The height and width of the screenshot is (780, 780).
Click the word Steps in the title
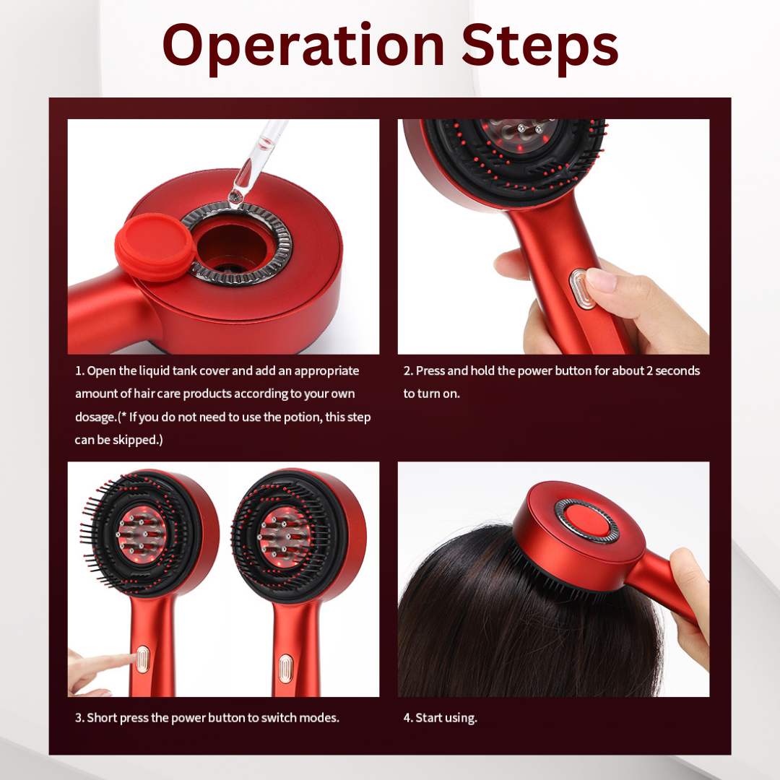pos(539,46)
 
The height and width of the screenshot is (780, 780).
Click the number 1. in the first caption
pos(79,371)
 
